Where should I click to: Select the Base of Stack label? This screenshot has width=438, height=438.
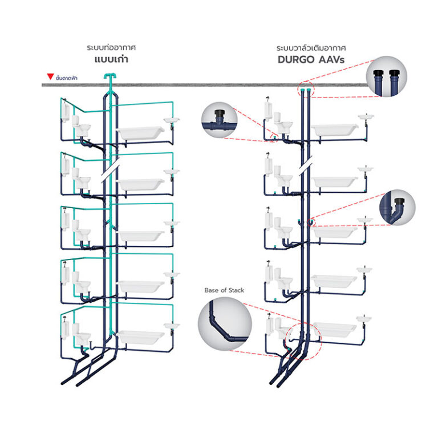[224, 290]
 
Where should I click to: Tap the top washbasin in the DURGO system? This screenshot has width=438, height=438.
[366, 117]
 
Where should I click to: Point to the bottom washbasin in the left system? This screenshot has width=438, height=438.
[171, 326]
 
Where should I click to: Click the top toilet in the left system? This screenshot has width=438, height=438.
[83, 129]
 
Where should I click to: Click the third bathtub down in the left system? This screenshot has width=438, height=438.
[140, 236]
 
